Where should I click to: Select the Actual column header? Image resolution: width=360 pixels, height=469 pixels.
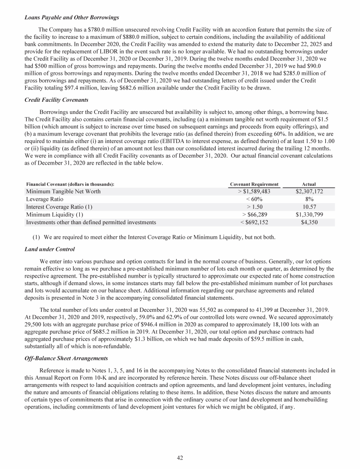310,184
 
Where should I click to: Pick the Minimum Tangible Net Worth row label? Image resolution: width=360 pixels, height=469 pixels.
63,191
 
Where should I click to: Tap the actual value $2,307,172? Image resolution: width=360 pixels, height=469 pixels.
310,191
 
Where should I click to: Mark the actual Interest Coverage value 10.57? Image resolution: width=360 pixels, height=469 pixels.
310,207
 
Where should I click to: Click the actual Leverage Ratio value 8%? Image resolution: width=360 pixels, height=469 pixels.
310,199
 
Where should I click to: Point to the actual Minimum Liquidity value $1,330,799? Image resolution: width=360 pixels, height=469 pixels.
310,215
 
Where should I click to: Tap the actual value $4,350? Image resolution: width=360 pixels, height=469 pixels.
310,222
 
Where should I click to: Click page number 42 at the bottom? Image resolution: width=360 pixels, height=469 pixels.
180,458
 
